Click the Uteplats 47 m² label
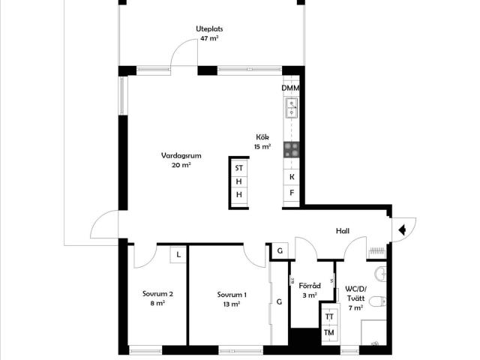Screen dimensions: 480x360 (x=209, y=34)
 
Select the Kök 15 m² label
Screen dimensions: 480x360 (x=262, y=142)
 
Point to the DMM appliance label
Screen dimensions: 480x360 (x=290, y=88)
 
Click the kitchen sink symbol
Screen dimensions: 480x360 (x=292, y=108)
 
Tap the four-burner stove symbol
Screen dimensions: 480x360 (x=291, y=150)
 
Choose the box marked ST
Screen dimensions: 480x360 (x=239, y=168)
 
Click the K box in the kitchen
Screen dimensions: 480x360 (x=292, y=177)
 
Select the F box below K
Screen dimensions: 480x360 (x=292, y=193)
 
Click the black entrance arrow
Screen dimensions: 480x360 (x=402, y=229)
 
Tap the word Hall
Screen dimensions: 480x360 (x=343, y=231)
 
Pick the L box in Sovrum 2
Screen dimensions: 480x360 (x=178, y=254)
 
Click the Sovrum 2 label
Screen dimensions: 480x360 (x=157, y=298)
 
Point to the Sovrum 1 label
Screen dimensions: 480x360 (x=232, y=299)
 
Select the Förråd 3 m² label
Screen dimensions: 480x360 (x=310, y=290)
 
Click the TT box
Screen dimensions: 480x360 (x=329, y=316)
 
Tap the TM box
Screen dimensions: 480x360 (x=329, y=332)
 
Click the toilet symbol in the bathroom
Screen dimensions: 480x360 (x=377, y=301)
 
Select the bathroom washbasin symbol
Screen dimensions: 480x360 (x=380, y=273)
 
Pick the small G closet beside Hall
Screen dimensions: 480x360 (x=280, y=251)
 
